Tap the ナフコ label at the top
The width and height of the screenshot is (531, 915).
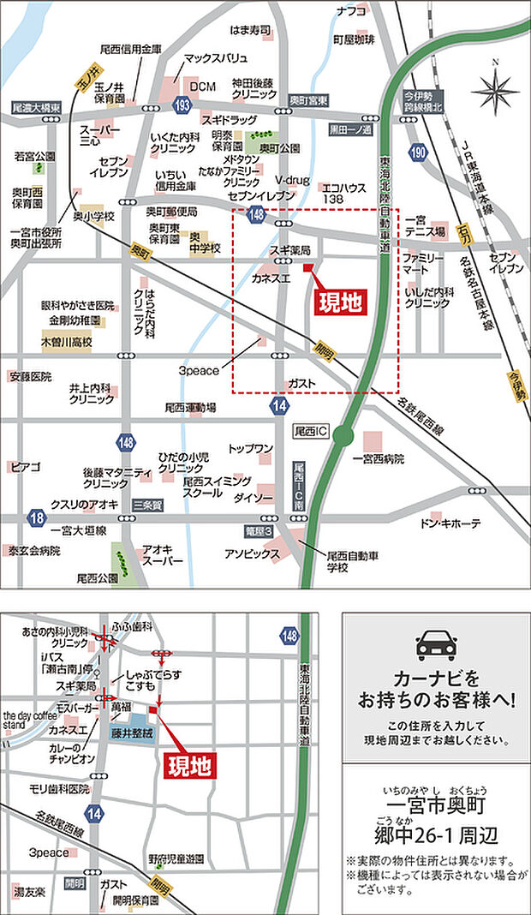[x=351, y=11]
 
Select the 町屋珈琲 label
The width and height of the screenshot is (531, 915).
[x=354, y=39]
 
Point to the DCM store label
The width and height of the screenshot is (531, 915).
[x=203, y=87]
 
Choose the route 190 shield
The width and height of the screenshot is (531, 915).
[x=417, y=152]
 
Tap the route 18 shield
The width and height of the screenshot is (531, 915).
[x=36, y=517]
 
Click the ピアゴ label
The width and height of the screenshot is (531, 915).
[x=25, y=467]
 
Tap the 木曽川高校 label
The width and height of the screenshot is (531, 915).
[x=67, y=342]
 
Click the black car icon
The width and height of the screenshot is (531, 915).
[x=435, y=645]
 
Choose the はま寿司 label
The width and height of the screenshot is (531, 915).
[x=249, y=31]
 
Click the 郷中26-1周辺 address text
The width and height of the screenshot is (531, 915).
[x=436, y=834]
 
